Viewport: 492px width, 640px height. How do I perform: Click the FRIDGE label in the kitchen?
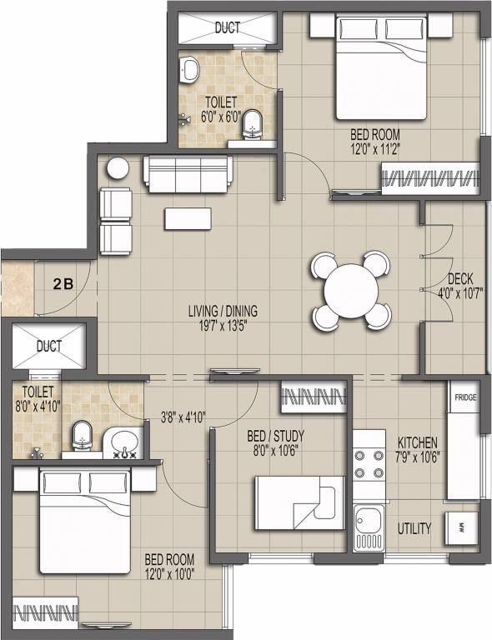tap(465, 397)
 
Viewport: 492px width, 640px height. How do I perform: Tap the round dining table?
tap(351, 292)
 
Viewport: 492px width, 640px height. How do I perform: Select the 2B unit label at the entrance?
tap(63, 283)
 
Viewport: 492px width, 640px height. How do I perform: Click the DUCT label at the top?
tap(228, 27)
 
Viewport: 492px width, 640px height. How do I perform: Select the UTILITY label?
tap(414, 528)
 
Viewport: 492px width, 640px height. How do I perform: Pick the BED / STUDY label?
tap(276, 436)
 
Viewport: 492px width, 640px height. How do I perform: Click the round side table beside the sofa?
tap(117, 168)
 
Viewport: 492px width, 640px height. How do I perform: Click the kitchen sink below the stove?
tap(368, 527)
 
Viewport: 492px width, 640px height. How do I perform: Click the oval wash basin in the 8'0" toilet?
tap(125, 438)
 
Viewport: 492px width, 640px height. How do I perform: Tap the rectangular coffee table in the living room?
tap(189, 218)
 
